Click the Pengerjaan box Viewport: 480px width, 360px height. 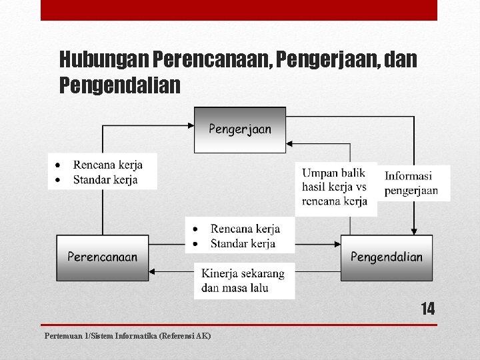coord(240,129)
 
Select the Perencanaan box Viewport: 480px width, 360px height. coord(103,257)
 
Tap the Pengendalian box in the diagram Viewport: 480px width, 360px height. coord(387,257)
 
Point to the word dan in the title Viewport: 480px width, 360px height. coord(401,61)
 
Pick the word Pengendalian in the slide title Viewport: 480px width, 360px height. coord(120,85)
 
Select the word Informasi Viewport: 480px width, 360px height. coord(408,177)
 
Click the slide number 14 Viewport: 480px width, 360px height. coord(427,309)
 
